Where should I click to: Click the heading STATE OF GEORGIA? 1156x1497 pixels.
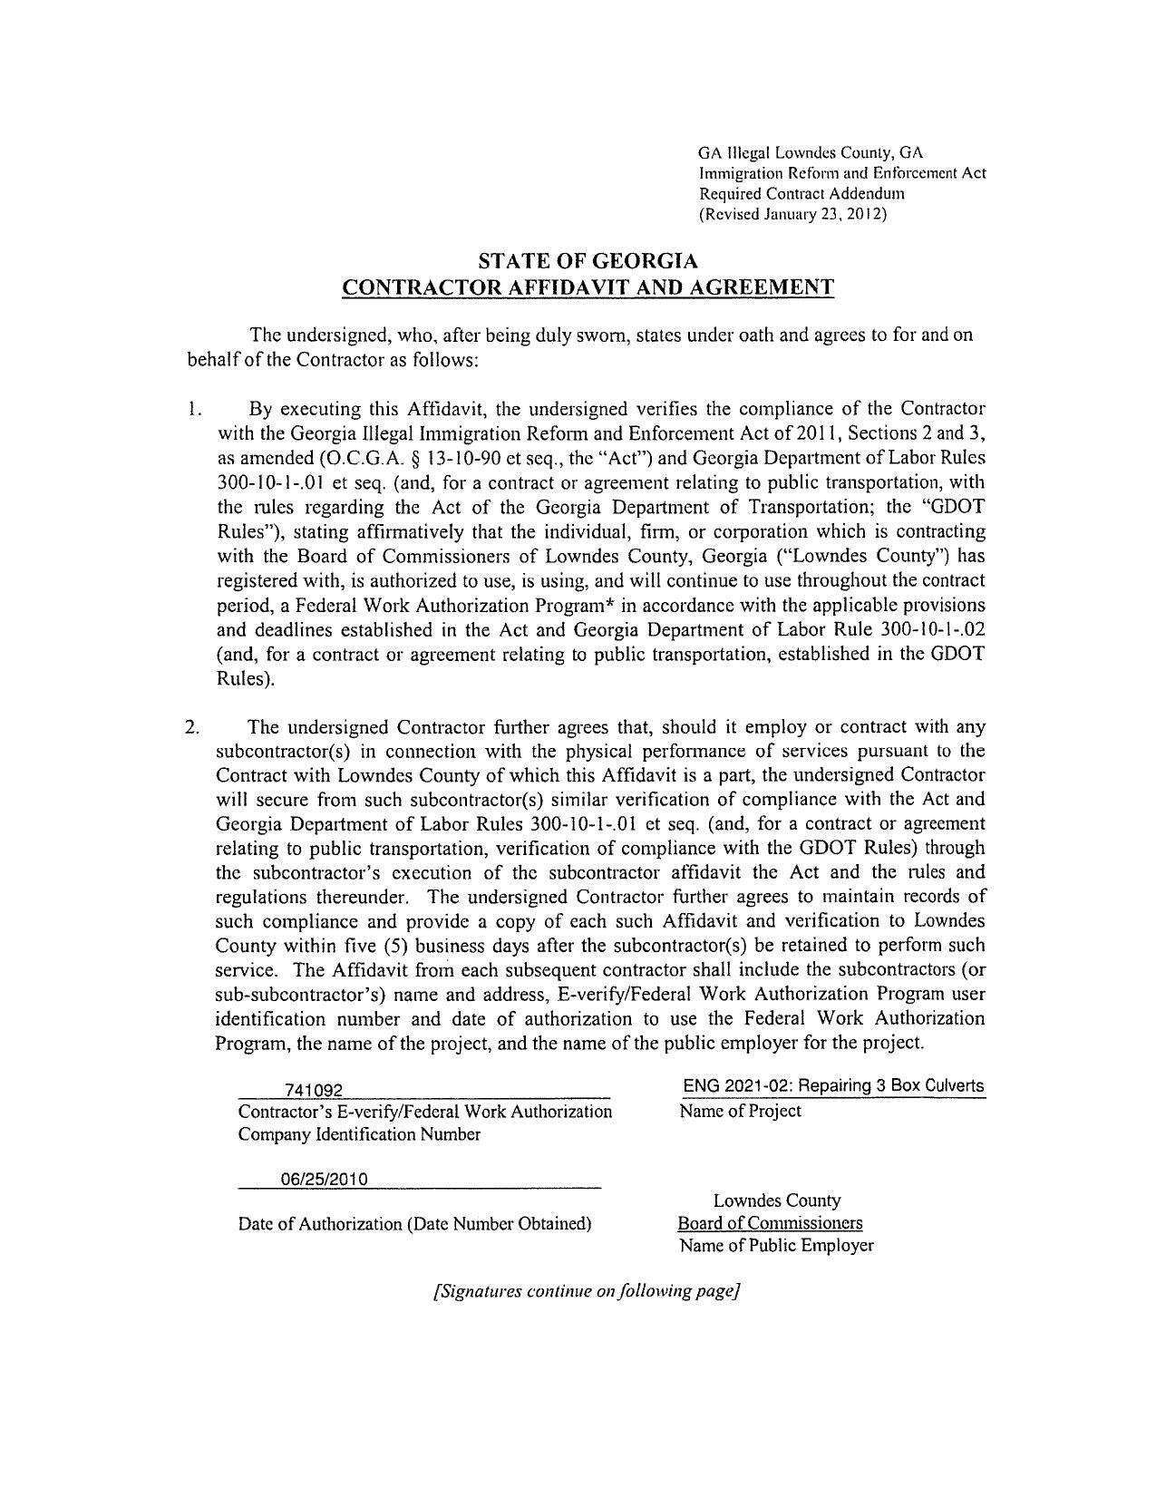588,262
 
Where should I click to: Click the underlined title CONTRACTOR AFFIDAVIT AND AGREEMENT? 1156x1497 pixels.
588,288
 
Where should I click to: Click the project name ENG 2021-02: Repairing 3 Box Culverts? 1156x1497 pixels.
833,1086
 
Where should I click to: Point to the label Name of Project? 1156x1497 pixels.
740,1111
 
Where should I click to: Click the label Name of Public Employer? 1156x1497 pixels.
776,1245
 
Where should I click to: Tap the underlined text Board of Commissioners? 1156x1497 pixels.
771,1223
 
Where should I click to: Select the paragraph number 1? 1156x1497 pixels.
194,409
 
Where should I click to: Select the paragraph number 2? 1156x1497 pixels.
192,727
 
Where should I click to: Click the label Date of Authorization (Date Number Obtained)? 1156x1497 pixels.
414,1224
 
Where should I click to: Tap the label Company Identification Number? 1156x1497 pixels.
359,1134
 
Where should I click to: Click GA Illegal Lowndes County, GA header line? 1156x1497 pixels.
810,151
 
